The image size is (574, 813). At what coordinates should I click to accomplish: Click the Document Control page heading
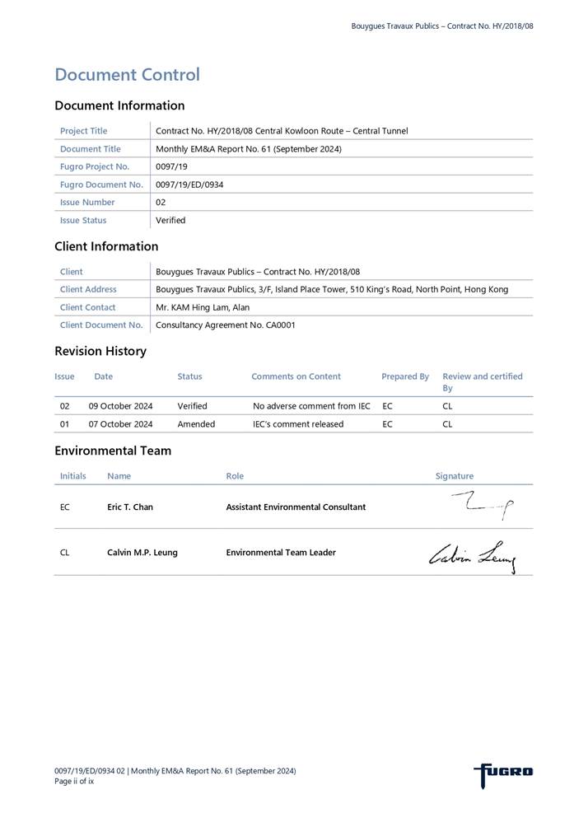127,75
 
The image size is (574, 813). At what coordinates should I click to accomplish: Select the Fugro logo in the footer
503,773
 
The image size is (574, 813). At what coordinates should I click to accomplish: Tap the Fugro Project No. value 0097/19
170,166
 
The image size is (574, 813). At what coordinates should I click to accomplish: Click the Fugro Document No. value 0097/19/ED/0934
189,185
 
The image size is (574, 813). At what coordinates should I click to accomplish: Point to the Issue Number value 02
161,202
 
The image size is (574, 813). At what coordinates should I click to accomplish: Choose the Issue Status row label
83,220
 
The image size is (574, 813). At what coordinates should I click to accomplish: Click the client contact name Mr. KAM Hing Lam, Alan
203,307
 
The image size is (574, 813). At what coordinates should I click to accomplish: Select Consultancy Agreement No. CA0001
225,325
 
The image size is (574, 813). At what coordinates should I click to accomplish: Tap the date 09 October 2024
120,406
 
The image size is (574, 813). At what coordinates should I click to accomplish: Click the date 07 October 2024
120,424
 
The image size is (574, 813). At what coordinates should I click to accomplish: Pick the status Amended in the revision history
196,424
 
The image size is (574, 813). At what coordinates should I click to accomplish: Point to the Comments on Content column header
296,376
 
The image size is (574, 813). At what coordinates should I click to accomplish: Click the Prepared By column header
404,376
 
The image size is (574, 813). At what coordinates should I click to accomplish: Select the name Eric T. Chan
130,507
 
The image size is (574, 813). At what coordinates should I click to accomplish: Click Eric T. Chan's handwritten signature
483,505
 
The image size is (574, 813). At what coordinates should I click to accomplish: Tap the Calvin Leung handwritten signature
473,555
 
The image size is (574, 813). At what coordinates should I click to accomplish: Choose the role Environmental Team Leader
281,552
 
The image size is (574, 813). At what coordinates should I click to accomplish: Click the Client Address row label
88,289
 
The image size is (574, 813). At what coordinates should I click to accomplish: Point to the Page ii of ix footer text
74,781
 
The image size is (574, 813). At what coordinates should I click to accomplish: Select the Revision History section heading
100,351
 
